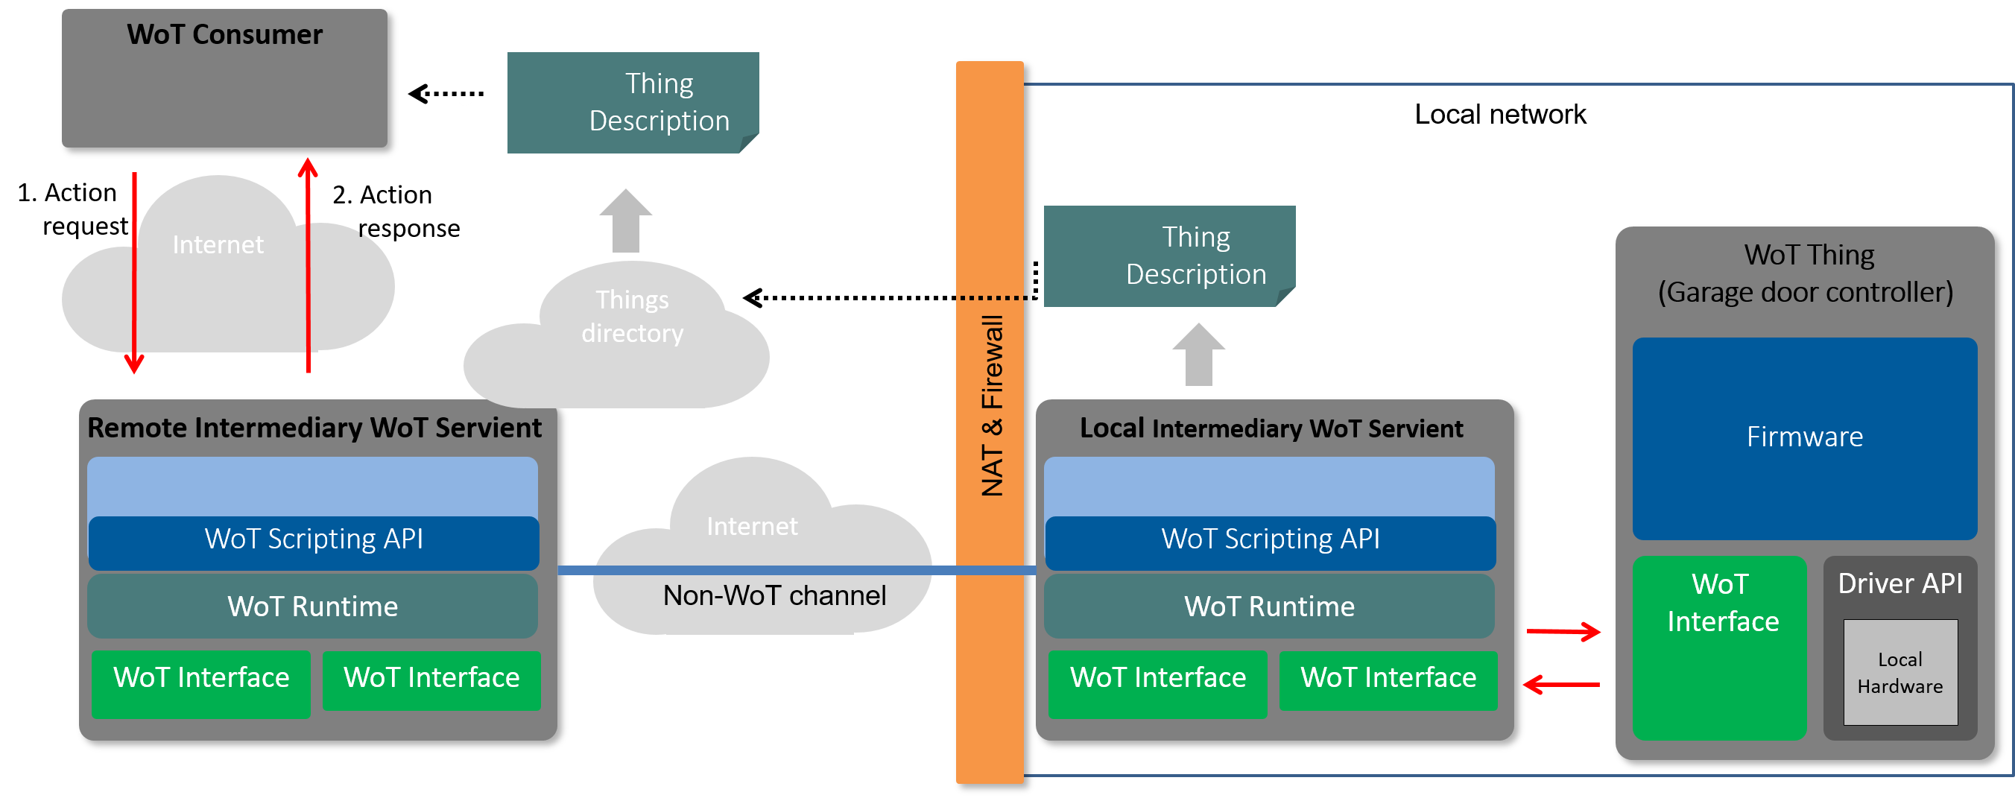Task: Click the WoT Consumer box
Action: [x=224, y=78]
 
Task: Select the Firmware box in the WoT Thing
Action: [x=1805, y=438]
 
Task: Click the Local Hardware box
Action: [x=1900, y=673]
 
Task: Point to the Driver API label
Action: [x=1900, y=583]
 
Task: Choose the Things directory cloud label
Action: [x=632, y=317]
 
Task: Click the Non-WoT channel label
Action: [x=774, y=596]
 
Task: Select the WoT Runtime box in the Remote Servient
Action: [x=313, y=607]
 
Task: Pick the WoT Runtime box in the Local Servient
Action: [x=1269, y=607]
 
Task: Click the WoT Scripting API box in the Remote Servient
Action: [x=314, y=539]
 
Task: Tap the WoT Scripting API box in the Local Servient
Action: [x=1271, y=539]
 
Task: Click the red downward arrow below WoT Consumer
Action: [x=135, y=274]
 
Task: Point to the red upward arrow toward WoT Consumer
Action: [x=309, y=266]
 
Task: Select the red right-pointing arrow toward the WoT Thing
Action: [x=1563, y=631]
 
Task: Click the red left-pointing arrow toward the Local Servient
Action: [x=1561, y=685]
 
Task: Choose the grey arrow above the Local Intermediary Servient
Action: [x=1198, y=356]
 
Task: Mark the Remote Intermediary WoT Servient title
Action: [x=314, y=428]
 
